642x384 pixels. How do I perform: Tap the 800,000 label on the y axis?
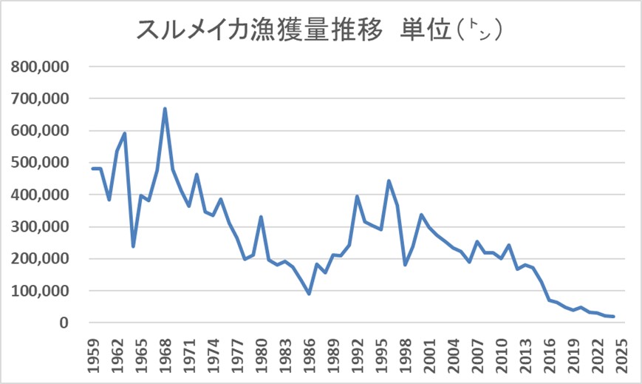(40, 67)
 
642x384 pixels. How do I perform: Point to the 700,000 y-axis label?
(40, 98)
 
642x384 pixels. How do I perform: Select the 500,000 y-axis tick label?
(40, 163)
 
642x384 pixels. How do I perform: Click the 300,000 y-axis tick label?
(40, 227)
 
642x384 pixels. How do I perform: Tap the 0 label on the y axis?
(64, 323)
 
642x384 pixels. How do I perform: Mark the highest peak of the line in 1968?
(165, 109)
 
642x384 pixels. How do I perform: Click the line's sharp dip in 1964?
(133, 246)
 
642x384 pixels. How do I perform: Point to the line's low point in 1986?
(309, 294)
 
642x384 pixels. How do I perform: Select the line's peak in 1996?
(389, 181)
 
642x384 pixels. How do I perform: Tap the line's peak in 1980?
(261, 217)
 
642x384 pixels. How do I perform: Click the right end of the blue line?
(613, 317)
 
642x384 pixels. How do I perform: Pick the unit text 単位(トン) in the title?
(451, 30)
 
